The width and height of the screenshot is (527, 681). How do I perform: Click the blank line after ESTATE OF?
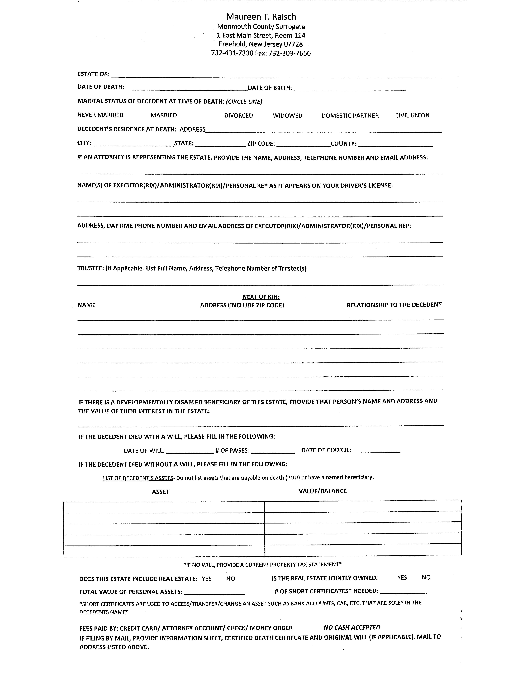coord(276,75)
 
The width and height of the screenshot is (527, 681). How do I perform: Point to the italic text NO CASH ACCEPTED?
coord(352,627)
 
